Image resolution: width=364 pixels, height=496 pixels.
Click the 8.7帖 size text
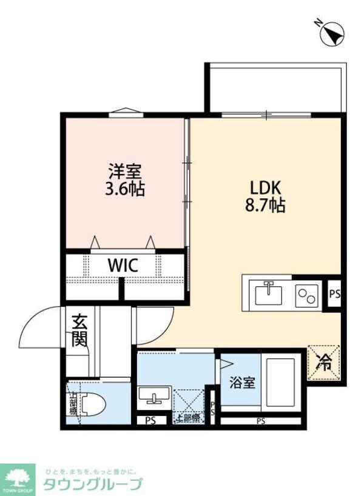(x=265, y=204)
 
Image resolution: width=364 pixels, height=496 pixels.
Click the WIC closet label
(x=123, y=265)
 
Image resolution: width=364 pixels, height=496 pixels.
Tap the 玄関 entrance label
(x=79, y=329)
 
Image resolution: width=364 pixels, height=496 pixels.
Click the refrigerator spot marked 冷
(x=325, y=362)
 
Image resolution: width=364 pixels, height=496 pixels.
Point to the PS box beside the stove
(x=334, y=293)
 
